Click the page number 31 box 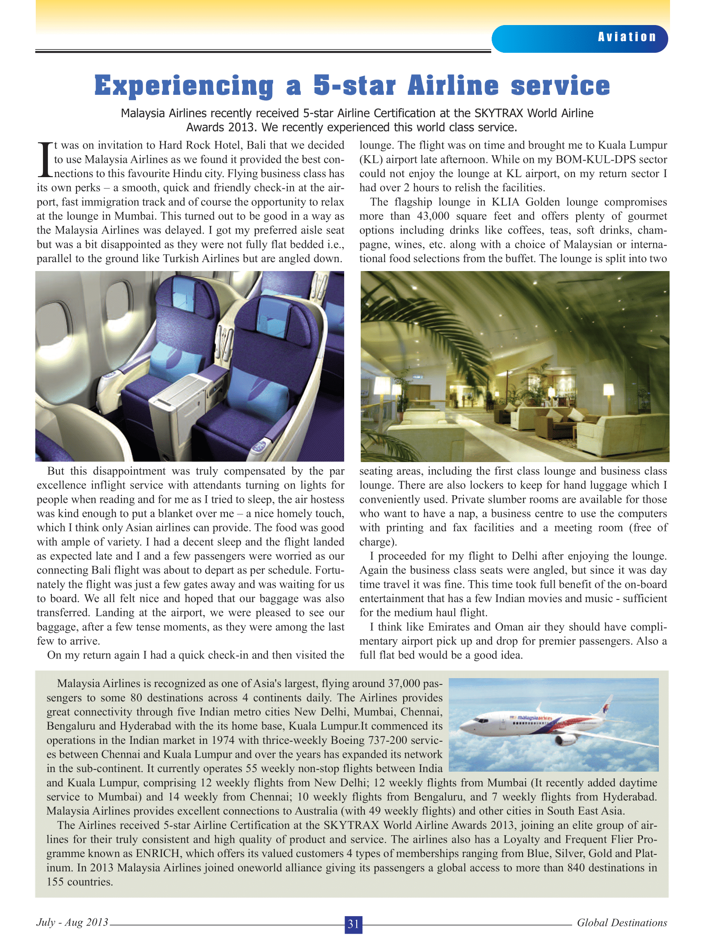[353, 924]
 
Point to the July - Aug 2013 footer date [72, 922]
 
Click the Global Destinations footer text [622, 922]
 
